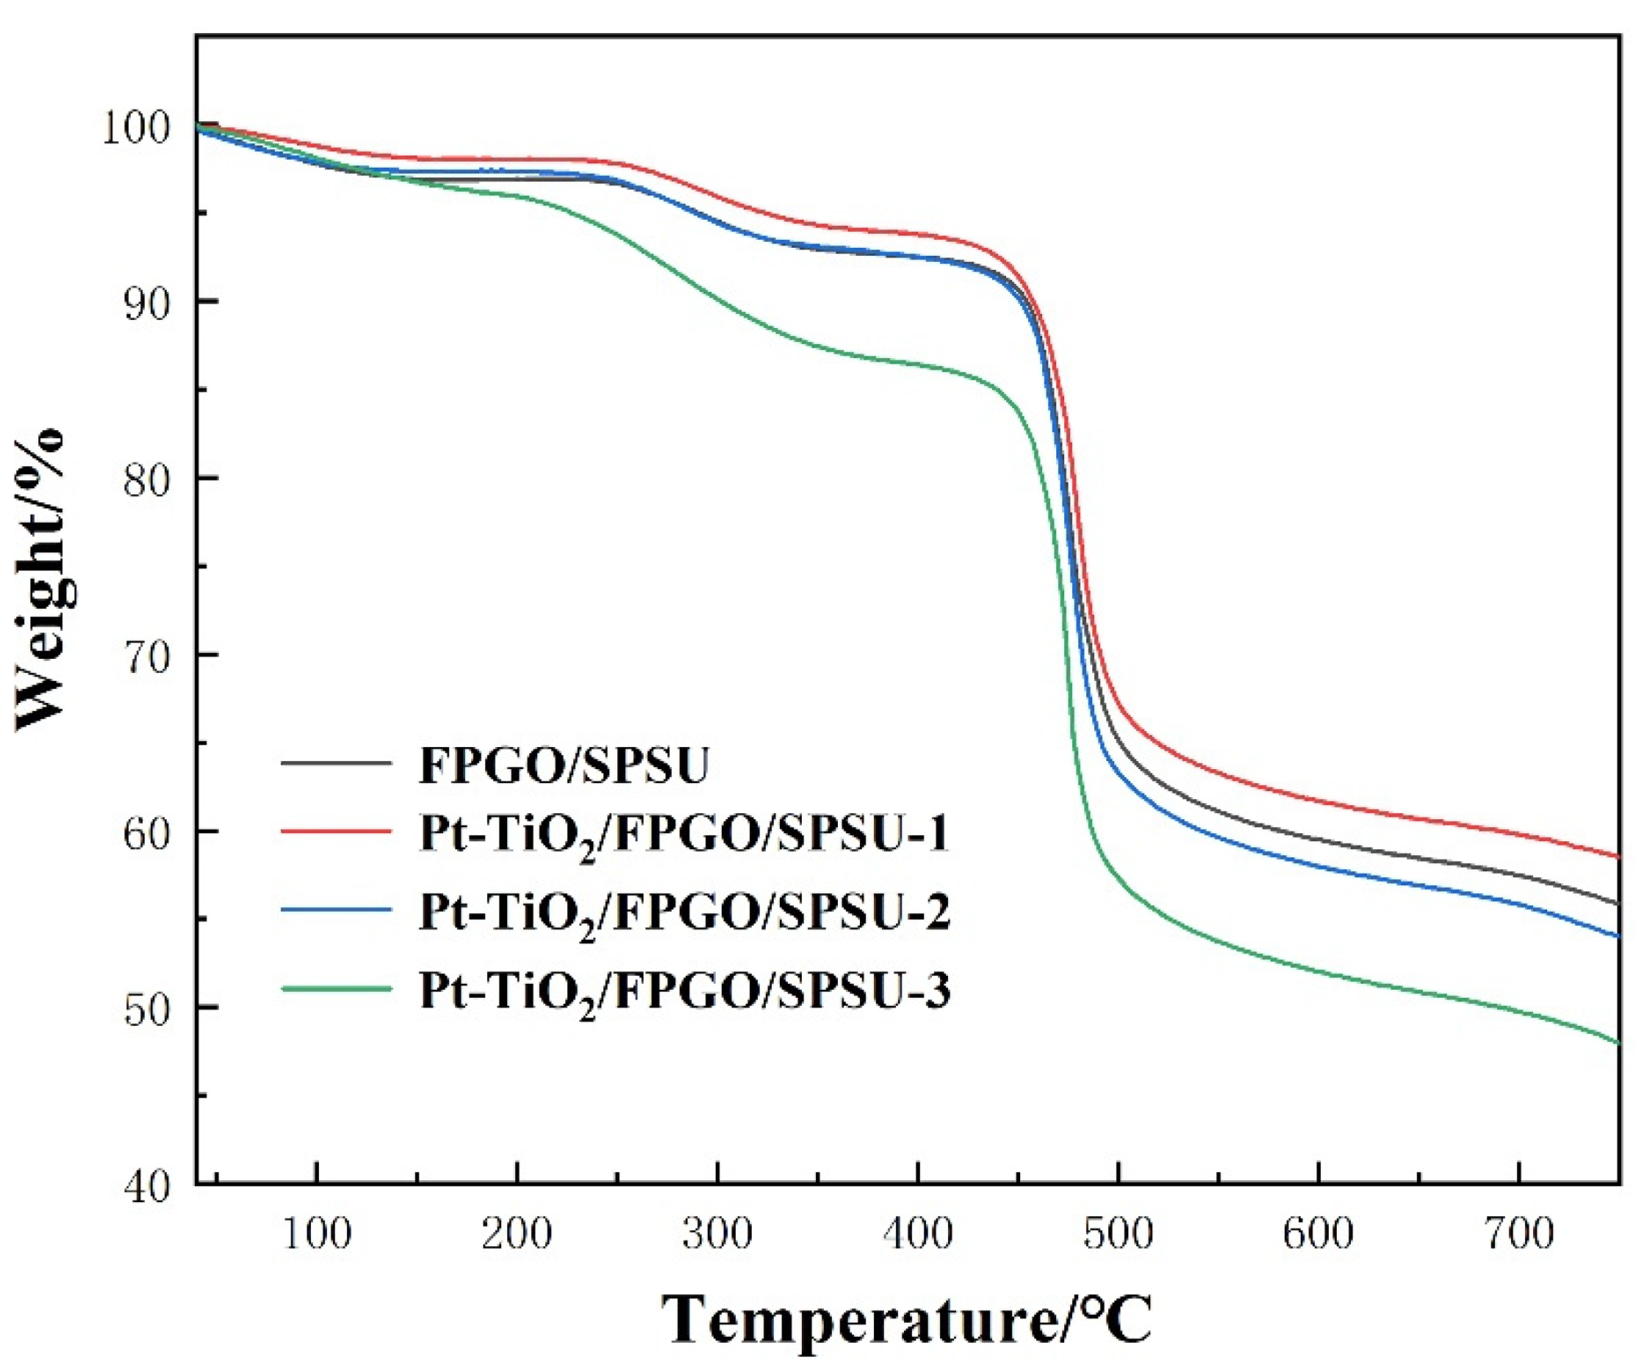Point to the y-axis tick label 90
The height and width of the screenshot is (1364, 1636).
coord(146,302)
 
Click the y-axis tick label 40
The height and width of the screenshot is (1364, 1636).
coord(146,1186)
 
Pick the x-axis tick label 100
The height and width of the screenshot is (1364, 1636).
coord(316,1234)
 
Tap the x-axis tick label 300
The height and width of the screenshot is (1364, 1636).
coord(717,1234)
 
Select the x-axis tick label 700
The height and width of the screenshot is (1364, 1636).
coord(1518,1234)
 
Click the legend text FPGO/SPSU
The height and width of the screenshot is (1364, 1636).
coord(564,765)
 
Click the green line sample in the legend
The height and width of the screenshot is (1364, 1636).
coord(336,988)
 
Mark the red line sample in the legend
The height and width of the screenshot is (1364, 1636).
coord(336,831)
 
